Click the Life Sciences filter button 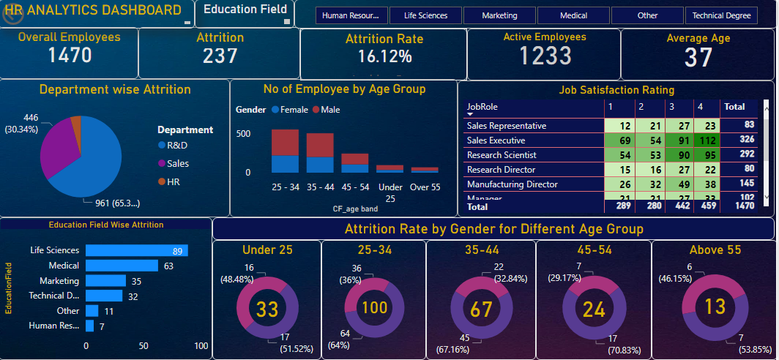click(x=425, y=15)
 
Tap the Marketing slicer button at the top click(x=499, y=15)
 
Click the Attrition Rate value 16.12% click(x=384, y=56)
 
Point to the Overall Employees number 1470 click(x=70, y=55)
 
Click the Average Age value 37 click(x=698, y=57)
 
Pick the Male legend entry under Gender click(x=326, y=110)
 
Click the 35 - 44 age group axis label click(x=320, y=187)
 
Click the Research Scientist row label click(x=502, y=155)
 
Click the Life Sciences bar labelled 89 click(x=136, y=250)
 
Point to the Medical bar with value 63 click(x=122, y=266)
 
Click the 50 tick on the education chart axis click(x=143, y=345)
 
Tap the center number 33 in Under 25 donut click(x=267, y=310)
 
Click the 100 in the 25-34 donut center click(x=375, y=308)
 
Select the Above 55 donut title click(x=715, y=250)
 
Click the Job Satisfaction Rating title click(x=616, y=90)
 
